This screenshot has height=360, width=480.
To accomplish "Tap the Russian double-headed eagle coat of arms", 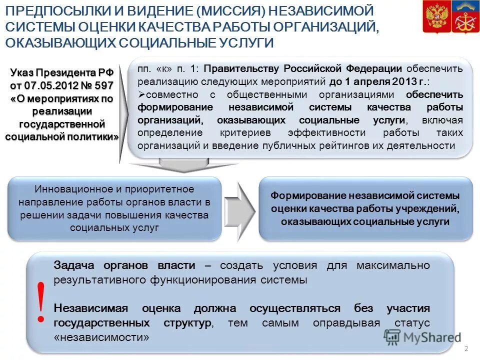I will click(434, 17).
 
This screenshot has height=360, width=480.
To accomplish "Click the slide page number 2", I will click(466, 348).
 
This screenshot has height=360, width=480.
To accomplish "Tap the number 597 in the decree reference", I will click(102, 85).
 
